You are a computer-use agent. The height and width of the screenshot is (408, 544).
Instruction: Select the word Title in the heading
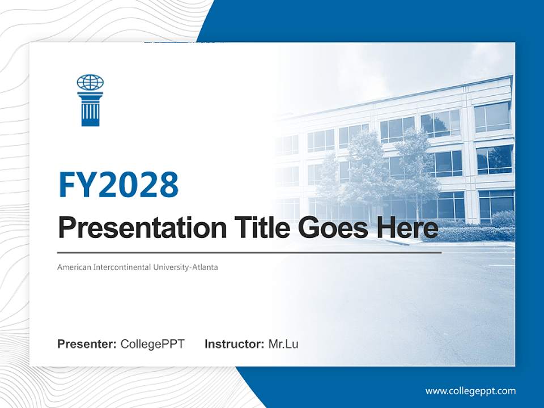[x=253, y=228]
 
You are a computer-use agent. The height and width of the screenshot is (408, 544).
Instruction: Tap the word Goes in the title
[x=330, y=228]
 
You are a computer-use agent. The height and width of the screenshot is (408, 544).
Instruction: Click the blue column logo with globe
[x=90, y=100]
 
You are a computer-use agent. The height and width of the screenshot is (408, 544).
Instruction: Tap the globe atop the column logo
[x=90, y=83]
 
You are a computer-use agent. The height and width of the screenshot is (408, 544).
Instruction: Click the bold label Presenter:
[x=87, y=344]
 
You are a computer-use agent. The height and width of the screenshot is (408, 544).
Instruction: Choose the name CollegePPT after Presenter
[x=152, y=344]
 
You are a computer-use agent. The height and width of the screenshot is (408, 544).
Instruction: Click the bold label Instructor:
[x=234, y=344]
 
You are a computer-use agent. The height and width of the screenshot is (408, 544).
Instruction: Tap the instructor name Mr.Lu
[x=283, y=344]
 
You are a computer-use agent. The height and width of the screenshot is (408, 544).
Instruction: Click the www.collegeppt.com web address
[x=470, y=391]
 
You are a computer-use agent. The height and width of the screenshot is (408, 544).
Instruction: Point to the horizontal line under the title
[x=249, y=252]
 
